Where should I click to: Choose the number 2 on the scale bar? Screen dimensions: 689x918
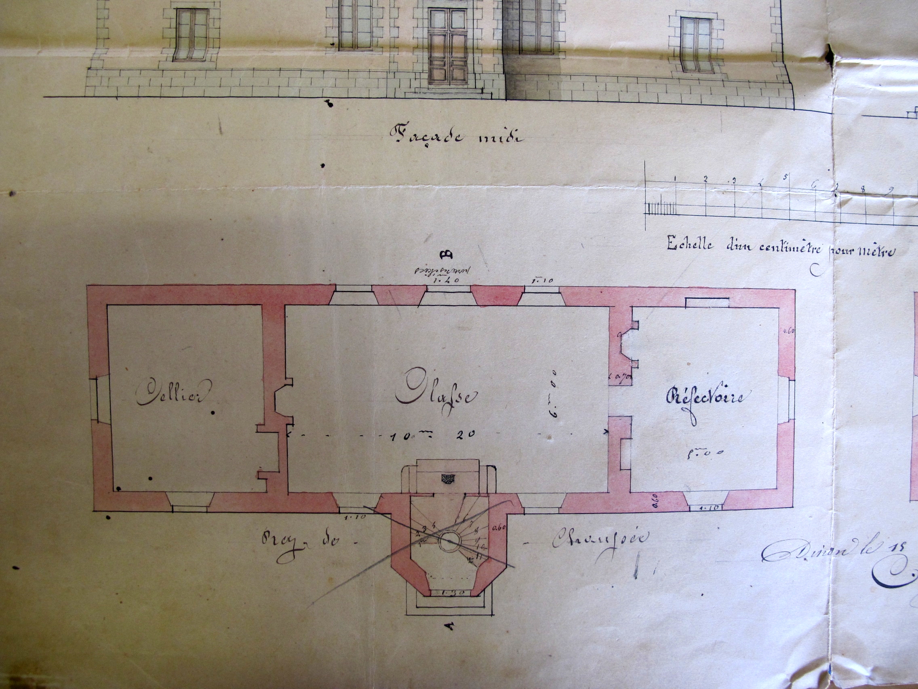705,179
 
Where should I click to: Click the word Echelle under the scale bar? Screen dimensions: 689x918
689,245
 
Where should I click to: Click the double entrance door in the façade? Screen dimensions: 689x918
448,52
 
